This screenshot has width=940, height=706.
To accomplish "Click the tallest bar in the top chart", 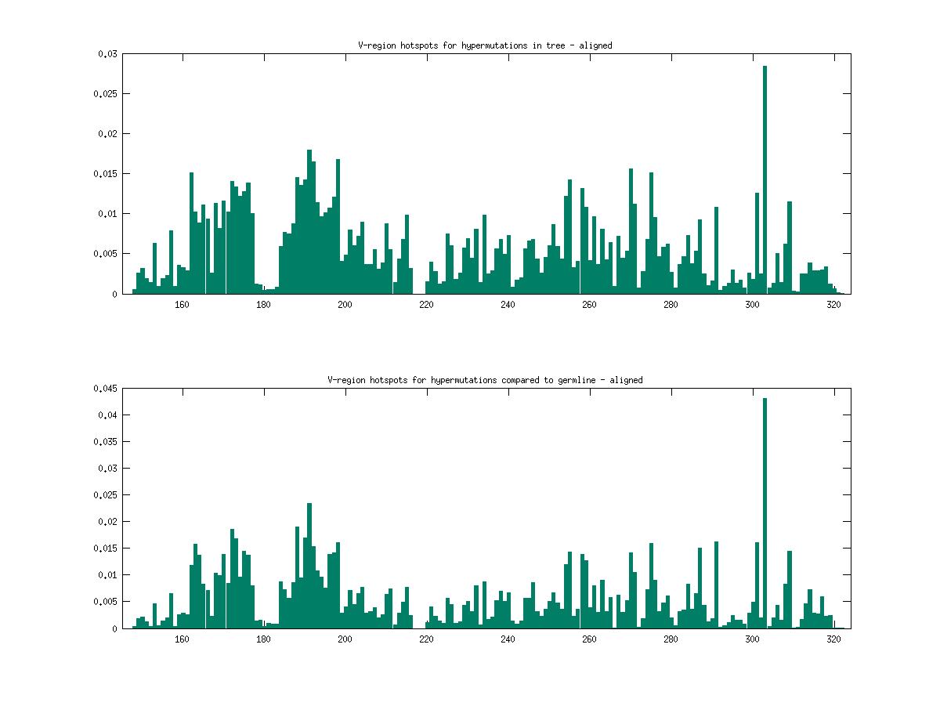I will coord(765,180).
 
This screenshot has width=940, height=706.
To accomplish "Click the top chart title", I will coord(480,45).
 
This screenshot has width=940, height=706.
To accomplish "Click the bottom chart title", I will coord(485,380).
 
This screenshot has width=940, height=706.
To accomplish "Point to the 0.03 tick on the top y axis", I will coord(107,54).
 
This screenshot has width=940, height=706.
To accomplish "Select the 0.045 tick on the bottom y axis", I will coord(104,389).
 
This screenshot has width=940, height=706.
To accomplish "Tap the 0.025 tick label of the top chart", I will coord(104,94).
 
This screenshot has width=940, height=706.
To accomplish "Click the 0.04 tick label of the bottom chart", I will coord(107,415).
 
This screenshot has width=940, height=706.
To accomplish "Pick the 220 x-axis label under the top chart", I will coord(426,305).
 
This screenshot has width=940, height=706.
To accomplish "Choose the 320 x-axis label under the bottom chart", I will coord(833,639).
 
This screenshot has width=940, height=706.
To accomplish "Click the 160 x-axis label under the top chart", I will coord(182,305).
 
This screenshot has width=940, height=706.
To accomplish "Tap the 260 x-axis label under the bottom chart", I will coord(589,639).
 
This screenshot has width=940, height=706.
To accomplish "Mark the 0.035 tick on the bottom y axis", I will coord(104,442).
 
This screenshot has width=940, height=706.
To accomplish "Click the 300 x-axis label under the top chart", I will coord(752,305).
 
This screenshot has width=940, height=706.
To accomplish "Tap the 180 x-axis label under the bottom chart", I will coord(263,639).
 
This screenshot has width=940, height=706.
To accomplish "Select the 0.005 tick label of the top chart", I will coord(104,254).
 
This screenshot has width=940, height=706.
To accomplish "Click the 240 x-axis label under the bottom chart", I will coord(508,639).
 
